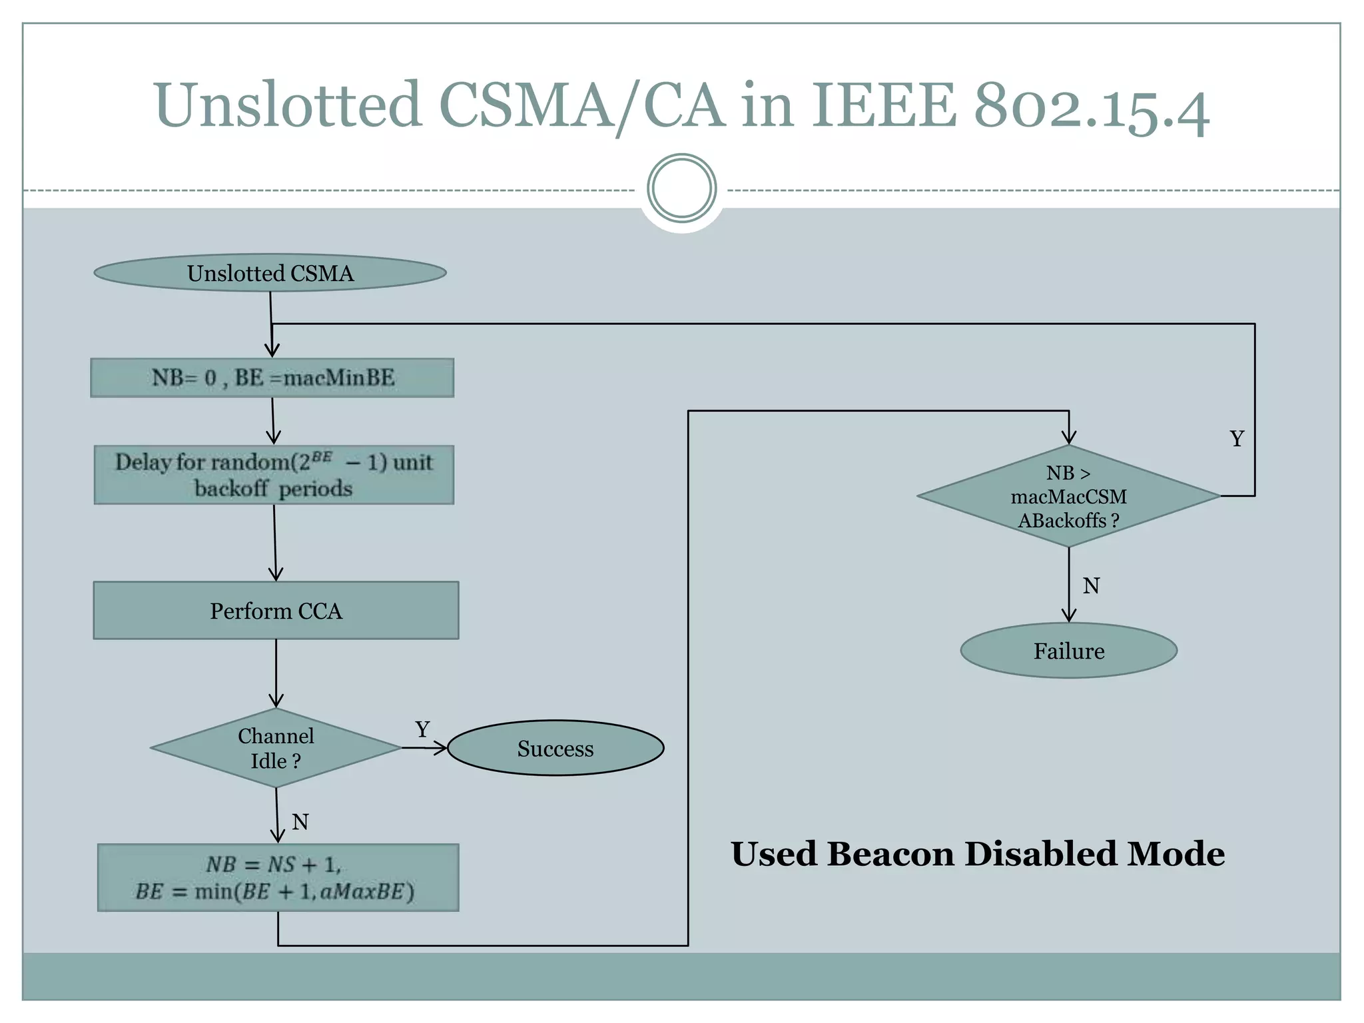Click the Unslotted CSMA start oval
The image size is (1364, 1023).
[270, 273]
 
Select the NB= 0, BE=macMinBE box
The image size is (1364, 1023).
[272, 378]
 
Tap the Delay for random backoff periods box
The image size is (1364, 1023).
[274, 475]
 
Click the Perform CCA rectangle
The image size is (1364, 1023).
[276, 611]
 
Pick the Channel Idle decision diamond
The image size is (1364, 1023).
[276, 748]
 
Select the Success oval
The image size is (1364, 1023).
[555, 748]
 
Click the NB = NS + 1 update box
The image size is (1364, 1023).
[278, 878]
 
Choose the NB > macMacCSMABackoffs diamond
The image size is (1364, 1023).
[1068, 497]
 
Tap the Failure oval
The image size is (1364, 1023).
[1068, 651]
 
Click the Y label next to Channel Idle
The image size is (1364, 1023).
[422, 729]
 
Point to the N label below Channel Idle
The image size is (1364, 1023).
[300, 822]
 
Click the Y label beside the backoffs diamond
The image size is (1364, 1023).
[1237, 439]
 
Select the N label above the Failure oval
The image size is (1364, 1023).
[1091, 586]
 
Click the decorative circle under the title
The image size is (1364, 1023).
[681, 188]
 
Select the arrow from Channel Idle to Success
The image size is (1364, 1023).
[425, 748]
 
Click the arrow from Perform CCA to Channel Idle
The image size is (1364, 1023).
[276, 673]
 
